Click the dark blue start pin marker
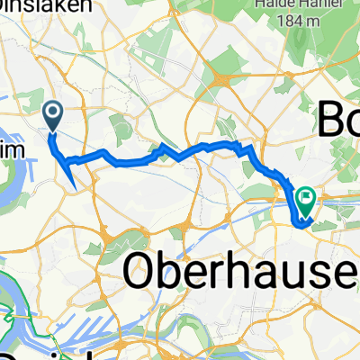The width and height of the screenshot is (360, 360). pos(52,113)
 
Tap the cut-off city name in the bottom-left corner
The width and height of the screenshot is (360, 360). pos(18,354)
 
